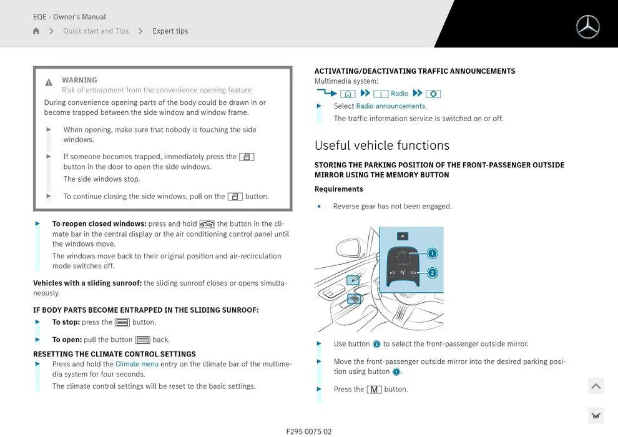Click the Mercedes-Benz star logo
(x=587, y=27)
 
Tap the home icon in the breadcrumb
(x=36, y=31)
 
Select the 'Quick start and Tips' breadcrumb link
(x=96, y=31)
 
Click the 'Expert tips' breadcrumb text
(x=170, y=31)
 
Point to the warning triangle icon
(x=49, y=82)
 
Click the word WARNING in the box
(x=79, y=80)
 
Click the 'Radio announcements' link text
(x=391, y=106)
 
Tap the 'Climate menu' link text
(x=137, y=364)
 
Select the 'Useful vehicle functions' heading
(x=381, y=145)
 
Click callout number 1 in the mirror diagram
(x=432, y=253)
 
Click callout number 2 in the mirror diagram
(x=432, y=273)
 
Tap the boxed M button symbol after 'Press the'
(x=374, y=390)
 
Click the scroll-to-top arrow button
(x=596, y=386)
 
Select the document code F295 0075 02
(x=309, y=431)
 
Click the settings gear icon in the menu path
(x=433, y=94)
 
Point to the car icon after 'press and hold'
(x=207, y=224)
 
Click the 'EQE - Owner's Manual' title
(x=69, y=17)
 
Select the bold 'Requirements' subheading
(x=338, y=189)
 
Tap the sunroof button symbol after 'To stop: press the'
(x=122, y=323)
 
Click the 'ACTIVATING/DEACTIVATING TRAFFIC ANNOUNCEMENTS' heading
(x=414, y=71)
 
